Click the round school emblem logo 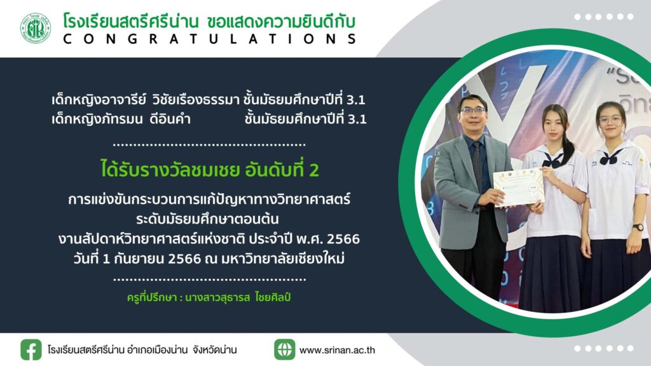click(36, 28)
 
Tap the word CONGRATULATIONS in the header click(210, 39)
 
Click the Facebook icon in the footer click(31, 349)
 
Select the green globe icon click(284, 349)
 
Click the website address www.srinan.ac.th click(337, 350)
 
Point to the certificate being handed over click(519, 187)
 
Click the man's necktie click(477, 166)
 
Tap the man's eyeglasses click(472, 111)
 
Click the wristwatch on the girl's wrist click(638, 227)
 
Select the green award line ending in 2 click(210, 170)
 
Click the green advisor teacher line click(209, 297)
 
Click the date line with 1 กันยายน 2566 click(209, 259)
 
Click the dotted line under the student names click(209, 145)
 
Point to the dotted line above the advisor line click(209, 280)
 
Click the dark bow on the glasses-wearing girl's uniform click(609, 158)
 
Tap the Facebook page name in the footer click(142, 350)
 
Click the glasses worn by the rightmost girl click(610, 120)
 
